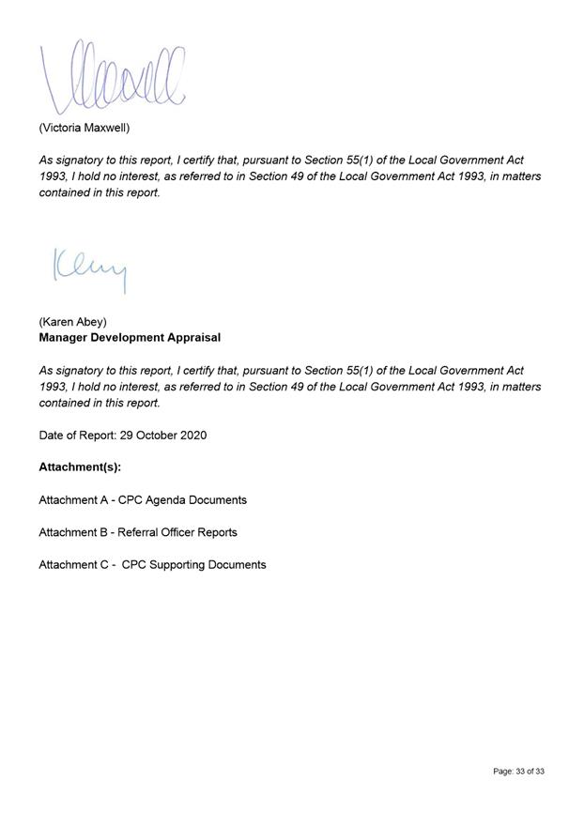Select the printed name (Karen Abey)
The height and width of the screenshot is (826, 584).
tap(72, 322)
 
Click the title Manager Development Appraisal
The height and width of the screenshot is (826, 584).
tap(130, 337)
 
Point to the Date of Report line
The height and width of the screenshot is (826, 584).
tap(122, 436)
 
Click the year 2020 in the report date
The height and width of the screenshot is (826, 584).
tap(193, 436)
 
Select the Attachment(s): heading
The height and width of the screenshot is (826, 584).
tap(80, 467)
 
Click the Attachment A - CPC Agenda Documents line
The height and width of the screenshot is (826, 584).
tap(143, 500)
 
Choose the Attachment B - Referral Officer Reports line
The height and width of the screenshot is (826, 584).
tap(138, 532)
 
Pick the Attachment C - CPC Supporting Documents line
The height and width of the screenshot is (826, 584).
tap(152, 565)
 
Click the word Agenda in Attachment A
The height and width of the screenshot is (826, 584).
tap(166, 500)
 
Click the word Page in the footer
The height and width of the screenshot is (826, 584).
tap(503, 772)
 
